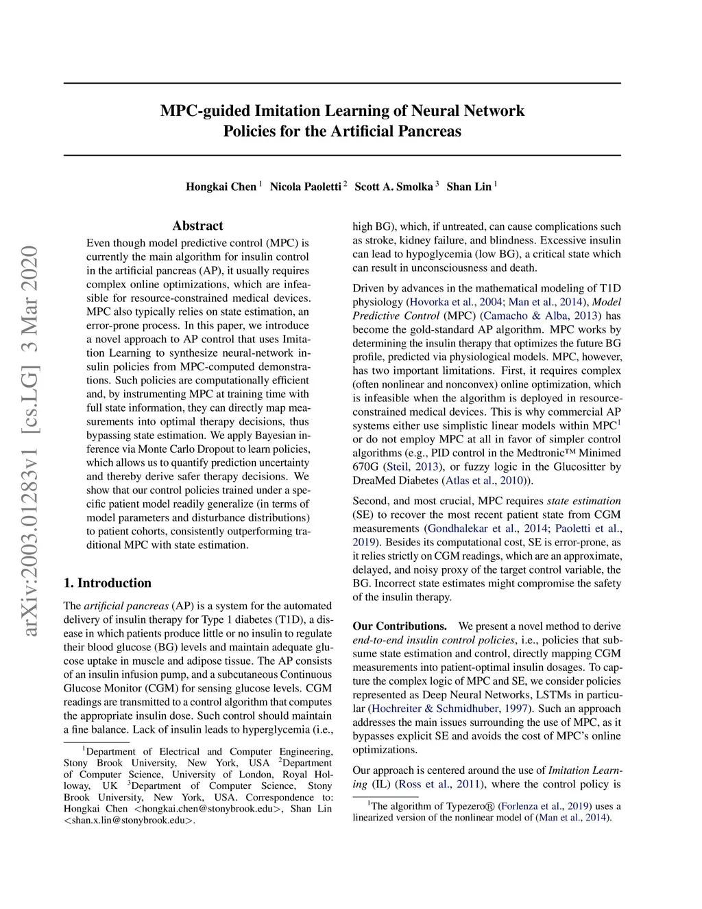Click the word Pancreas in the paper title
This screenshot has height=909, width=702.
(429, 130)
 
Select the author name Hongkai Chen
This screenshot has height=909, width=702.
(221, 187)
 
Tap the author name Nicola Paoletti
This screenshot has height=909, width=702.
(305, 187)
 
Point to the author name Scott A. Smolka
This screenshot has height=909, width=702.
(394, 187)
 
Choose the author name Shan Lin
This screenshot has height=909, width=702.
(469, 187)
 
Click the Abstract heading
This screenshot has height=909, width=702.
(197, 226)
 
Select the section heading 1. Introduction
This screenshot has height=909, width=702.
(108, 583)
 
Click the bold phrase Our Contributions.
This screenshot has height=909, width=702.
(400, 626)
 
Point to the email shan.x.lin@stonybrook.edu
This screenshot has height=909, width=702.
(129, 820)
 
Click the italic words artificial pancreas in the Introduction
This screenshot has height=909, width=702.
(126, 606)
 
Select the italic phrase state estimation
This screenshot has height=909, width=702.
(584, 501)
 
